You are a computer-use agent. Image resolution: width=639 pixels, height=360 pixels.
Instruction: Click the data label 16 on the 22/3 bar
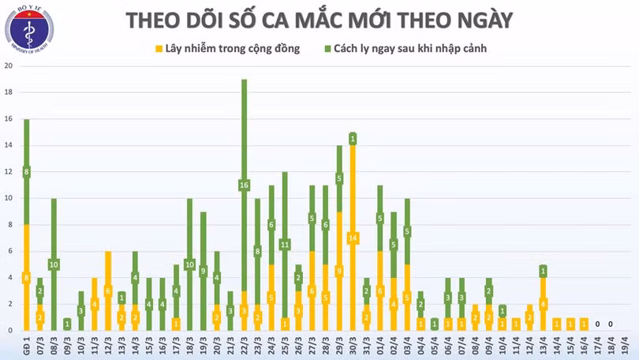click(245, 186)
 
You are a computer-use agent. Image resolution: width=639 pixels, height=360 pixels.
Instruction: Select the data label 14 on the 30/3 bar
click(353, 238)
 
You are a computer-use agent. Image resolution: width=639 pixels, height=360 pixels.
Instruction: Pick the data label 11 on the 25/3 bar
click(285, 244)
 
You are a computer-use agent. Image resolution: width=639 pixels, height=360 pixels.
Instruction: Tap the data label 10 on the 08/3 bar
click(54, 264)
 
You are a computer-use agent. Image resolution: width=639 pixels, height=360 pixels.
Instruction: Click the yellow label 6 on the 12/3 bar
click(108, 291)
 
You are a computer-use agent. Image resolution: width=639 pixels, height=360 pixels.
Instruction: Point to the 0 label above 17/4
click(598, 324)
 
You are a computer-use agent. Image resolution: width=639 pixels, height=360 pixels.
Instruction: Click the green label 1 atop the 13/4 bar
click(543, 271)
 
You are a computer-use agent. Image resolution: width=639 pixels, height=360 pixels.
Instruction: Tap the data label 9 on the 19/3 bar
click(203, 271)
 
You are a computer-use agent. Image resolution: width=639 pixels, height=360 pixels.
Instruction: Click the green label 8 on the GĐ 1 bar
click(26, 172)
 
